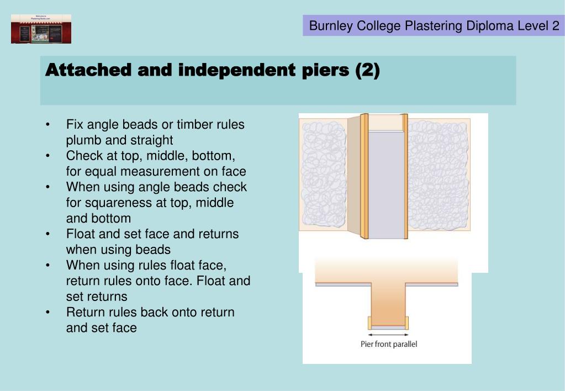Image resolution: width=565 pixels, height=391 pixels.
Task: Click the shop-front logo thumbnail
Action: click(x=41, y=29)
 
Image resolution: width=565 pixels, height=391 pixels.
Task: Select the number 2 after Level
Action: click(x=555, y=25)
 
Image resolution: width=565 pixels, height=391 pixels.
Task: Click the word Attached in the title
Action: click(x=88, y=71)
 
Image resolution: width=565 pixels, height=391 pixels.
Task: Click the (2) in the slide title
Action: click(x=367, y=71)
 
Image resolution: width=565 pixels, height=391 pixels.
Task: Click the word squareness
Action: click(x=117, y=203)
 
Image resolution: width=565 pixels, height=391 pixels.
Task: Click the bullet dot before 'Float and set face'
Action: click(x=49, y=234)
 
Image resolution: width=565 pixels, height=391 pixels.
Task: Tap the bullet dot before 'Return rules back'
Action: click(x=49, y=313)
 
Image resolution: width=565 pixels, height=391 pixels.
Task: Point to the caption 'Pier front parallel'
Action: click(x=389, y=344)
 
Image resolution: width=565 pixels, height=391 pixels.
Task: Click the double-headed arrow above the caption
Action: click(x=389, y=334)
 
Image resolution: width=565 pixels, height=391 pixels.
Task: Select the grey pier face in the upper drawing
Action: click(x=387, y=185)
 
